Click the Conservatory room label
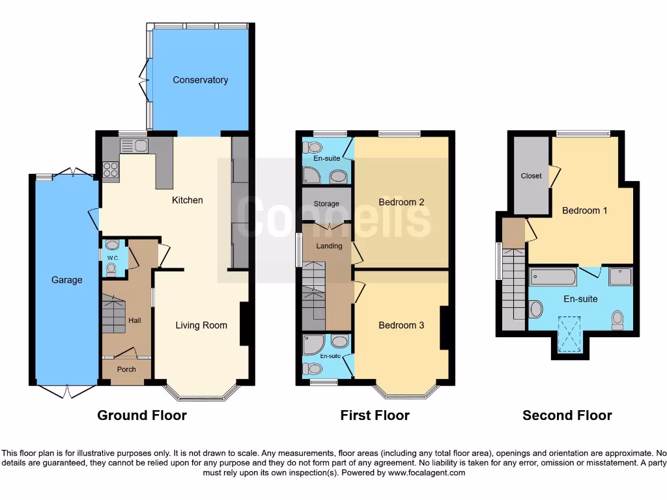click(x=200, y=80)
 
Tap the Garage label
click(x=67, y=280)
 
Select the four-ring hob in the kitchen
click(x=111, y=169)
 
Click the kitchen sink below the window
click(x=134, y=146)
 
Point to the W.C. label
click(x=111, y=258)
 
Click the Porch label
click(x=126, y=369)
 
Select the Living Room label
click(x=201, y=325)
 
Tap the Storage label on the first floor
click(x=326, y=204)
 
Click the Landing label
click(x=329, y=246)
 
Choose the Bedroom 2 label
click(x=401, y=202)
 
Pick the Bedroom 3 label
click(x=401, y=325)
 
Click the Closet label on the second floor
click(x=531, y=176)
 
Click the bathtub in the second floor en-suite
click(x=552, y=277)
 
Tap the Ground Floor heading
click(x=142, y=415)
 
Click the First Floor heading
click(x=375, y=415)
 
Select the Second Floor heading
click(x=567, y=415)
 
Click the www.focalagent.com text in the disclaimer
click(x=427, y=473)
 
